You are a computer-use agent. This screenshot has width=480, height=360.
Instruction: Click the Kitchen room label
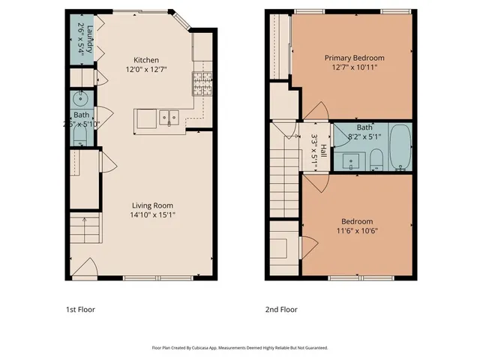click(146, 61)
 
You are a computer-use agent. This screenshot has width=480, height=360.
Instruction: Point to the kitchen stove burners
click(201, 80)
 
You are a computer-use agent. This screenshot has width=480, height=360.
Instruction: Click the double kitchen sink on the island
click(166, 117)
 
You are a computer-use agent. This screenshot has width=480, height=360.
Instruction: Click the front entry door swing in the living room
click(88, 270)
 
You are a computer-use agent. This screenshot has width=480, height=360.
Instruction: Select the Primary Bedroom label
click(354, 58)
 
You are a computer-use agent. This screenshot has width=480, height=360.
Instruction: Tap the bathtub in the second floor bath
click(400, 147)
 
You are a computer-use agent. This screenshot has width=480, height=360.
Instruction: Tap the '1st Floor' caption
click(81, 309)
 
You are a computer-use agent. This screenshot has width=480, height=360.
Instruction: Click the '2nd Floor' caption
click(281, 309)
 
